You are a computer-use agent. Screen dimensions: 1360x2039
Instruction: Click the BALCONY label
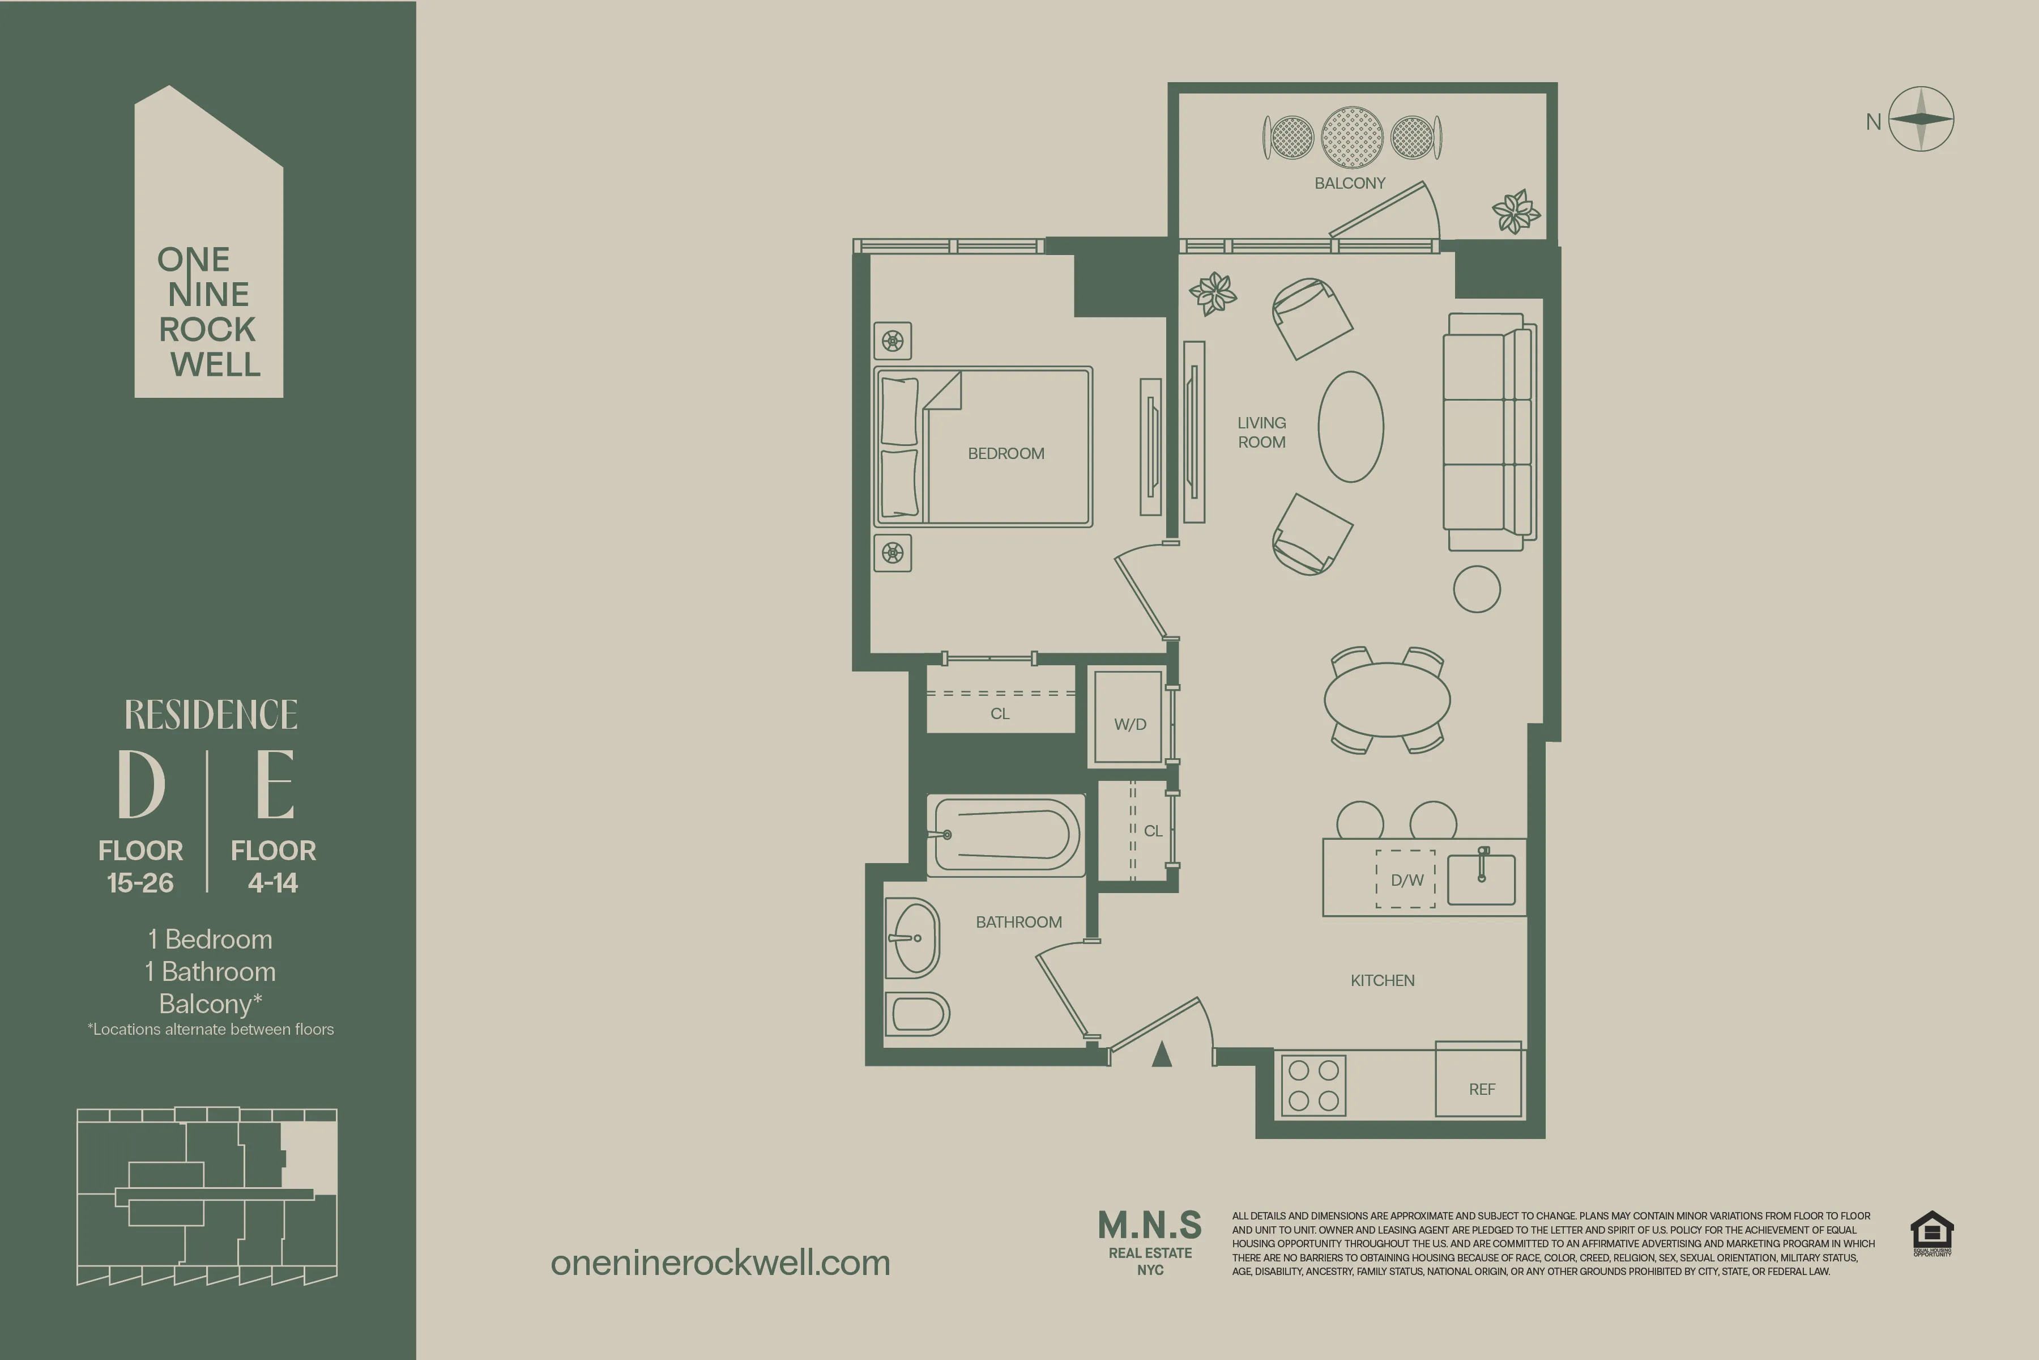point(1350,183)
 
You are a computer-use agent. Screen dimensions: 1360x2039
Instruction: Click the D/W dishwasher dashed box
point(1406,879)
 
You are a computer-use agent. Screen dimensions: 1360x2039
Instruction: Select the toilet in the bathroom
point(917,1014)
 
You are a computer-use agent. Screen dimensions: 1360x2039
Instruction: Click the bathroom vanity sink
point(914,938)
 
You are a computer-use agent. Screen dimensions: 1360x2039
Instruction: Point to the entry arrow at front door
point(1162,1055)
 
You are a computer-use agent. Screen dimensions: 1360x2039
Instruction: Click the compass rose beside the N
point(1921,120)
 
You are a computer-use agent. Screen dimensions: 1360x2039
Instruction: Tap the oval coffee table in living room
point(1351,427)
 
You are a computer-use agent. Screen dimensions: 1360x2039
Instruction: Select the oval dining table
point(1387,699)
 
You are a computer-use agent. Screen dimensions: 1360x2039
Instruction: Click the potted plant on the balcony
point(1516,211)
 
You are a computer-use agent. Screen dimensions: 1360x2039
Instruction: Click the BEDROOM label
point(1006,454)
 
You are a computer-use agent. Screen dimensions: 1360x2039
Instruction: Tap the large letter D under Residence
point(141,784)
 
